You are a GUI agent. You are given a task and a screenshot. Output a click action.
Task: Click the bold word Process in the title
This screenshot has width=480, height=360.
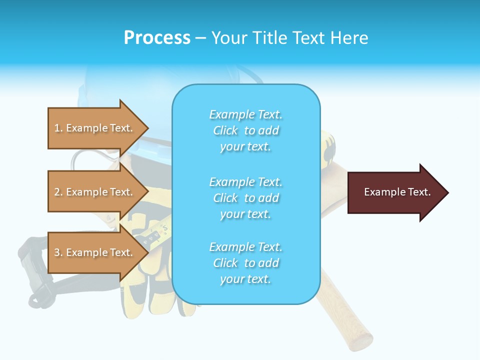click(157, 38)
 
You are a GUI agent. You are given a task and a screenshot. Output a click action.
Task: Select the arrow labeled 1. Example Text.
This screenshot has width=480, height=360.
click(95, 128)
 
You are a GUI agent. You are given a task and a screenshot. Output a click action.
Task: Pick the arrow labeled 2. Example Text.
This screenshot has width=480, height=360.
click(95, 192)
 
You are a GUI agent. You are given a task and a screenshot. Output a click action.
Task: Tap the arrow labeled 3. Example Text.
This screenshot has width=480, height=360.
click(95, 252)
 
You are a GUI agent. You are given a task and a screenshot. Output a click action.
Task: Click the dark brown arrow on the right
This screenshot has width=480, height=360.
click(395, 192)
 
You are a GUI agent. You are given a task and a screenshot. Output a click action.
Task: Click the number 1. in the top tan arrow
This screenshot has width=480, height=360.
click(58, 128)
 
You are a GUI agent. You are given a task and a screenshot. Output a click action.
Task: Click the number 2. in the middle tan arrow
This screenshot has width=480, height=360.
click(58, 192)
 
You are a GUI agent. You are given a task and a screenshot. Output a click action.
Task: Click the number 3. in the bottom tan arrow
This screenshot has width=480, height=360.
click(58, 252)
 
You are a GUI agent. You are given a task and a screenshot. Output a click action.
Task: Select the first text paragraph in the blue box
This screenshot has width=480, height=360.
click(245, 130)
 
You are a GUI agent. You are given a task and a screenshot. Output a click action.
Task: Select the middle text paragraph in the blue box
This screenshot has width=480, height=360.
click(245, 198)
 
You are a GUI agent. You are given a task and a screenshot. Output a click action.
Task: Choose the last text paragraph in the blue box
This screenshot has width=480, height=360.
click(245, 263)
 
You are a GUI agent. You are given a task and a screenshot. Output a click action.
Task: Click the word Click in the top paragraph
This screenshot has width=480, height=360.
click(225, 131)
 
